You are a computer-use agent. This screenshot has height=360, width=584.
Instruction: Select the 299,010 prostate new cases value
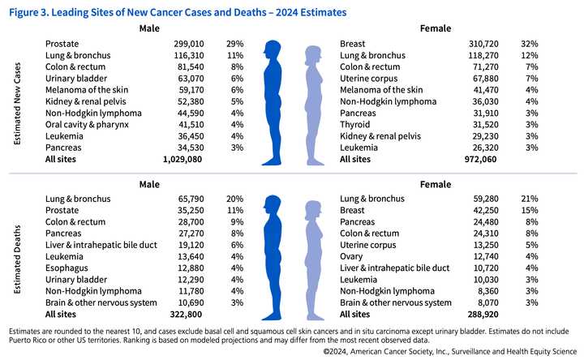[x=188, y=43]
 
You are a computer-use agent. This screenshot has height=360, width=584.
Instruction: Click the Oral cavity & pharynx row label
[x=87, y=125]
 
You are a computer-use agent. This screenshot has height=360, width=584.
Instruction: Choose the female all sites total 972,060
[x=479, y=160]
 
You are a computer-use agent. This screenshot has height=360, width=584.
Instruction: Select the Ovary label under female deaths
[x=353, y=256]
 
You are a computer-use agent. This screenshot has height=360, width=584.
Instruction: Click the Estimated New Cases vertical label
[x=17, y=103]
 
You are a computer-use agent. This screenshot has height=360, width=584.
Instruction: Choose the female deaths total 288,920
[x=479, y=314]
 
